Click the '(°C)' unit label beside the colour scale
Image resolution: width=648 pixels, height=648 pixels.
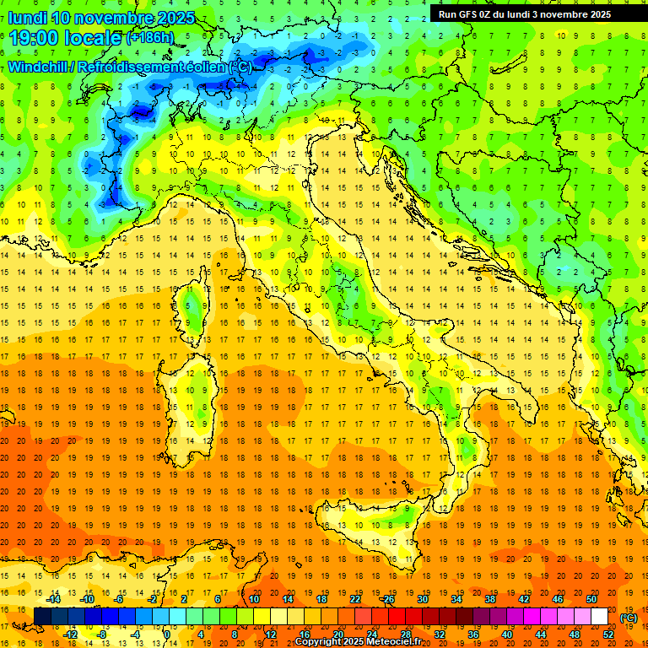point(629,618)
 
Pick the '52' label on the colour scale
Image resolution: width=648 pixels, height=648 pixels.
point(607,634)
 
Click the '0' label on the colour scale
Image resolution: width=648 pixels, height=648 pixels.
point(167,634)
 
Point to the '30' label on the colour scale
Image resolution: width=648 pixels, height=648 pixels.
point(422,599)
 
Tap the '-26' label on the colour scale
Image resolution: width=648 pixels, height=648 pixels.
point(387,599)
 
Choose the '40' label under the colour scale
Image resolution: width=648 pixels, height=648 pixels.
point(506,634)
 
